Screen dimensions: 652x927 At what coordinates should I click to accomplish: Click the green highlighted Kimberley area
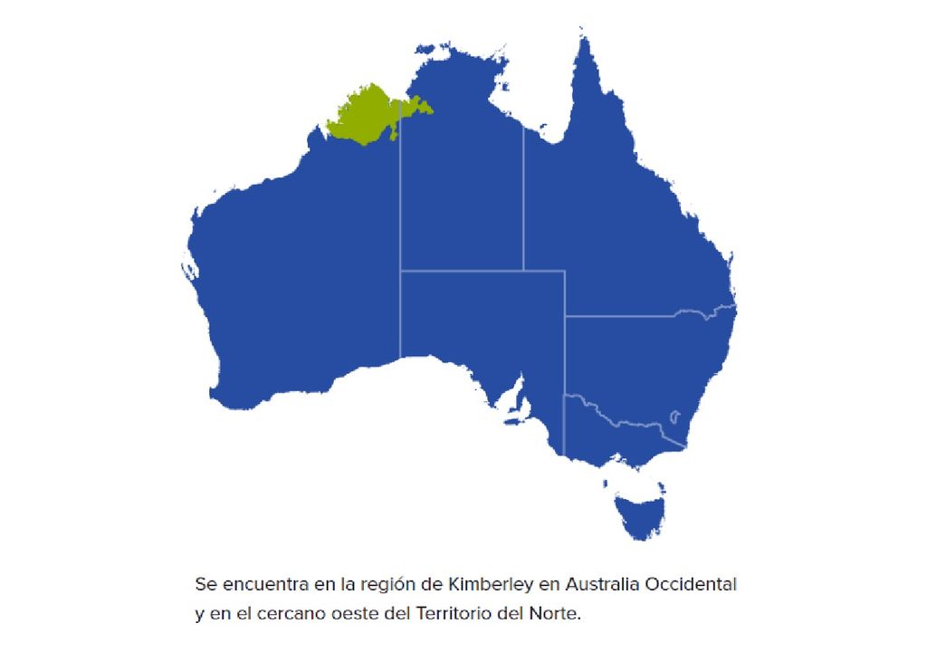point(367,113)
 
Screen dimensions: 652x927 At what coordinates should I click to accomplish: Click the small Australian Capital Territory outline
point(674,417)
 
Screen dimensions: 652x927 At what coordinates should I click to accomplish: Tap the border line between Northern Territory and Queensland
point(522,199)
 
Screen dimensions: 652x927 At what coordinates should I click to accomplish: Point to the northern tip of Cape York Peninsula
point(580,34)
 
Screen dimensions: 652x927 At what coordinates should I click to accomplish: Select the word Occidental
point(691,585)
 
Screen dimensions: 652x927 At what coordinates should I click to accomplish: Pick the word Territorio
point(450,614)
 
